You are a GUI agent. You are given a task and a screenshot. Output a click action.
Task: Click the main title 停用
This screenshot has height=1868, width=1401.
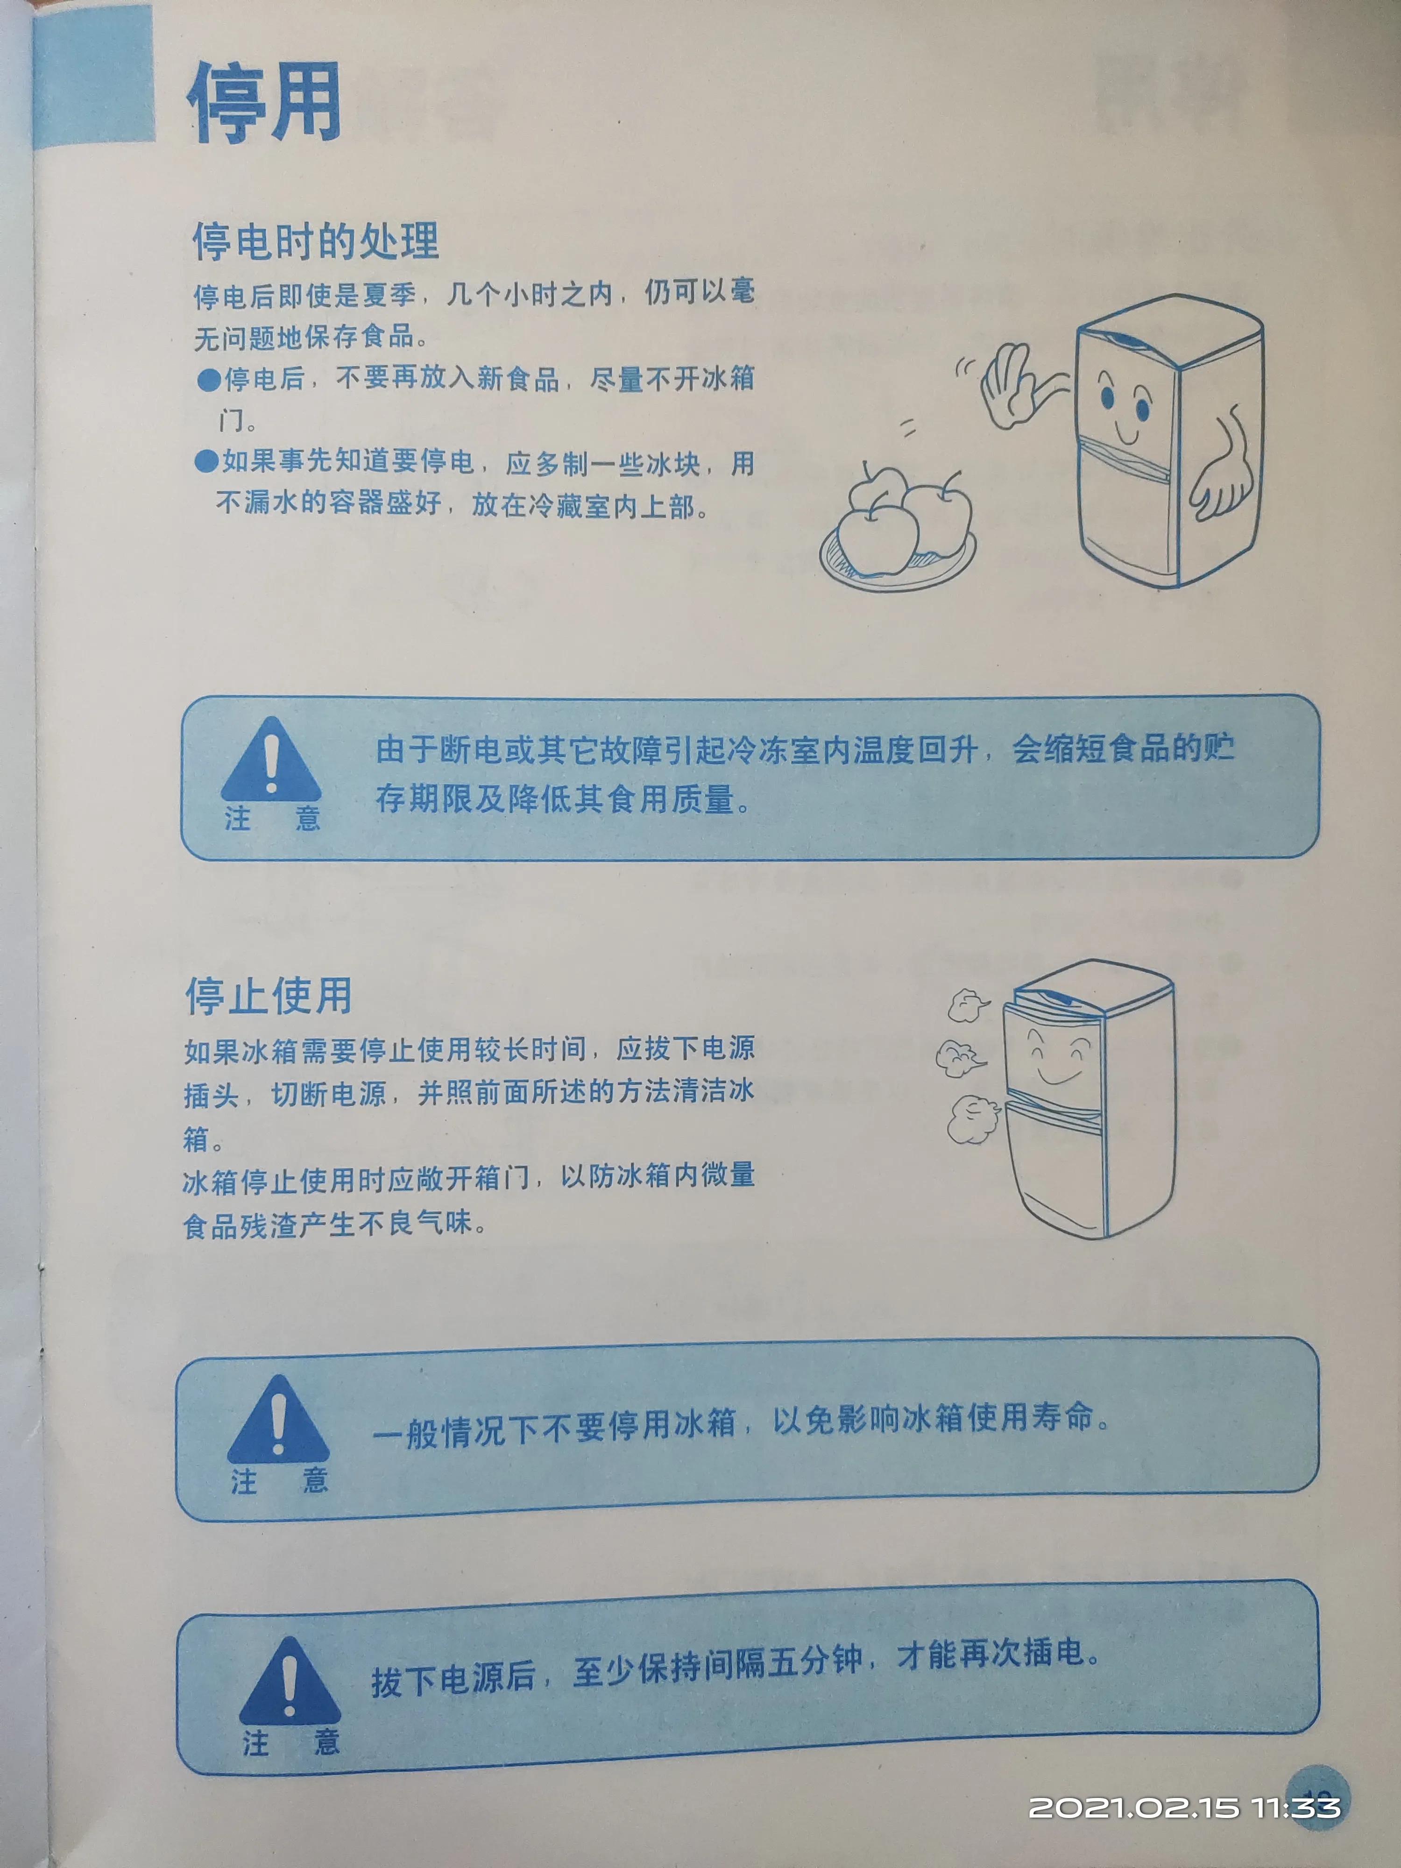pos(263,103)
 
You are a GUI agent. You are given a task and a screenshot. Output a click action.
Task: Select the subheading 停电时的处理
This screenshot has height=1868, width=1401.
pos(315,241)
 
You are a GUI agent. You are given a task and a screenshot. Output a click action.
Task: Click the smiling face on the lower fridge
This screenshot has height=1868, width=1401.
pos(1057,1060)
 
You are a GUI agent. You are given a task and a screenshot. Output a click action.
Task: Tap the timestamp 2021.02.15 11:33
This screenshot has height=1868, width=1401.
pos(1183,1807)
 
